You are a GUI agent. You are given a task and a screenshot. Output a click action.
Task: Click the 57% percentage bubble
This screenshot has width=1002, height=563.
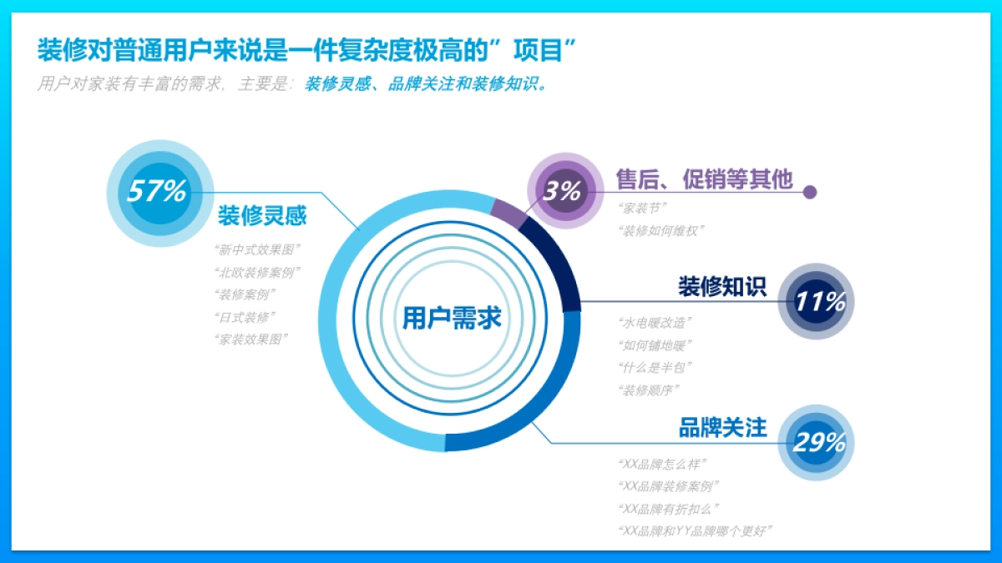click(156, 192)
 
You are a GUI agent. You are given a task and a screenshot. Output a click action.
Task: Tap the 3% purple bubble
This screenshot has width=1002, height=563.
click(563, 191)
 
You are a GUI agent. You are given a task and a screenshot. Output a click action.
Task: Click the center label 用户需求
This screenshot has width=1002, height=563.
click(452, 318)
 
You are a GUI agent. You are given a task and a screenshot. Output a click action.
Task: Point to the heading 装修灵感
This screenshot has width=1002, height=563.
click(262, 217)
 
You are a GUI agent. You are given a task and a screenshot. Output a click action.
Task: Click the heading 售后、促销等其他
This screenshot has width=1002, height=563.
click(704, 179)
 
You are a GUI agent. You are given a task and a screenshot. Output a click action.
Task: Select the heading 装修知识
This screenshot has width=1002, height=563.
click(721, 287)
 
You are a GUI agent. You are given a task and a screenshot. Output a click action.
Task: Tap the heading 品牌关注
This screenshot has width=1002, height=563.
click(721, 428)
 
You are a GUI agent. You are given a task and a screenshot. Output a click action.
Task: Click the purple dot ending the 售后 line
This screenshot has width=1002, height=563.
click(809, 193)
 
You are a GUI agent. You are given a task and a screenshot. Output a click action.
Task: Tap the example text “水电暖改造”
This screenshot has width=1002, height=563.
click(655, 322)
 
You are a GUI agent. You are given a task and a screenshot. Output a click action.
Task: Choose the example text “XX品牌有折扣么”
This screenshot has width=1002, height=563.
click(669, 509)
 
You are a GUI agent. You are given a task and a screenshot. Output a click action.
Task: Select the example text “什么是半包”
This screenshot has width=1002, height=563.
click(655, 367)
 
